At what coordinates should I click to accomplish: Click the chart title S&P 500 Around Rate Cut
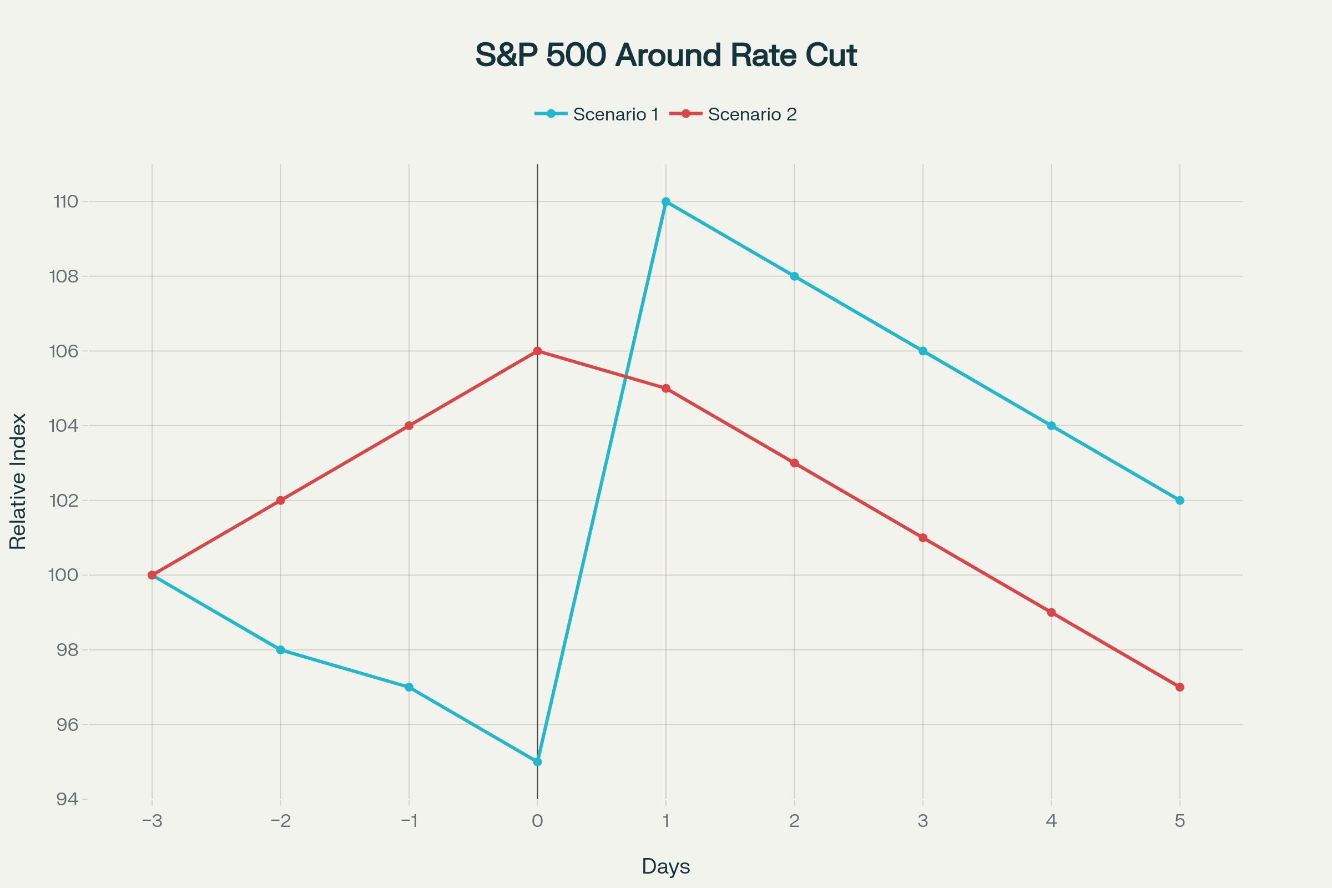point(666,56)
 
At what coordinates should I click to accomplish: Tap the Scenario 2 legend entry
point(733,114)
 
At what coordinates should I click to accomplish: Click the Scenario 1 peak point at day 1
point(666,201)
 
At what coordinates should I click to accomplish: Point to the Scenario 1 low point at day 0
point(537,761)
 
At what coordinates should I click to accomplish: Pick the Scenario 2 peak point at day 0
point(537,351)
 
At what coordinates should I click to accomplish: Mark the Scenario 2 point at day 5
point(1180,687)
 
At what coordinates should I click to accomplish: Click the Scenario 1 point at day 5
point(1180,501)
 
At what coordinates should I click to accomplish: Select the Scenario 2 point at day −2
point(280,501)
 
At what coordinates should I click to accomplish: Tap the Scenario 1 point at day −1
point(409,687)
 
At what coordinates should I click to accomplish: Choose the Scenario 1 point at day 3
point(923,351)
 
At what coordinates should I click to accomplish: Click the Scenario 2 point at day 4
point(1052,612)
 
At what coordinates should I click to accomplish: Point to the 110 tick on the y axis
point(65,201)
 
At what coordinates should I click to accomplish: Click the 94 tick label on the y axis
point(67,799)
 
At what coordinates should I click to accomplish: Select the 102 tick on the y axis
point(64,501)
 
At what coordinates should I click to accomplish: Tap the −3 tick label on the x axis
point(152,821)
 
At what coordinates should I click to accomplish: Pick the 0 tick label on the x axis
point(537,821)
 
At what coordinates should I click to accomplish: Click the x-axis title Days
point(666,866)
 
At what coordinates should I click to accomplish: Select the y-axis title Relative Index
point(18,481)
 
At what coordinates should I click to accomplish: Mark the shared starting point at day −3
point(152,576)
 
